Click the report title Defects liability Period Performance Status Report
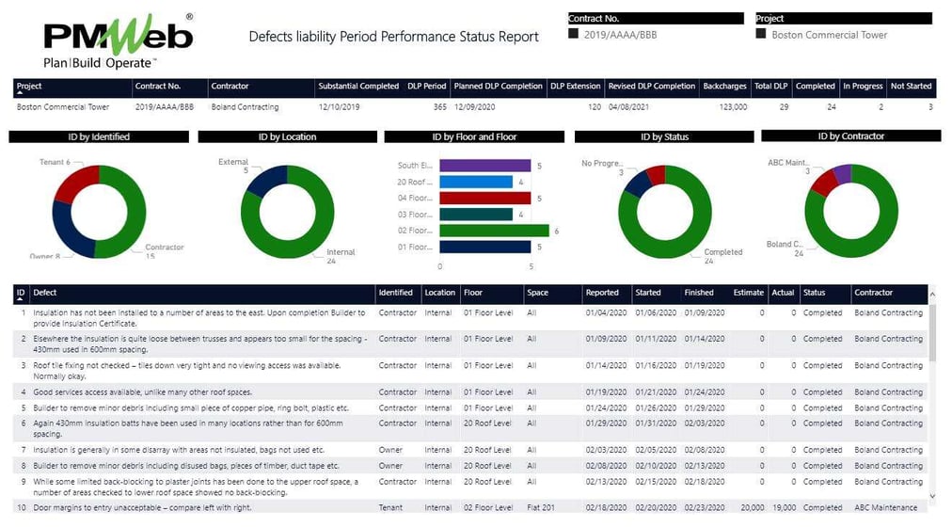(393, 37)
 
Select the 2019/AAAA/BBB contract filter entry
(611, 34)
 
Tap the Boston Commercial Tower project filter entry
(829, 35)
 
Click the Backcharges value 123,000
(729, 107)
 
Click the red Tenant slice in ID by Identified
(73, 184)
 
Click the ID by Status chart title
(663, 136)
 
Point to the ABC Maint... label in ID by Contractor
(788, 163)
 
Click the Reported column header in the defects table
(602, 293)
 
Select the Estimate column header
(748, 293)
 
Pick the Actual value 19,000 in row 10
(783, 508)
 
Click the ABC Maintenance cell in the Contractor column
(887, 508)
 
